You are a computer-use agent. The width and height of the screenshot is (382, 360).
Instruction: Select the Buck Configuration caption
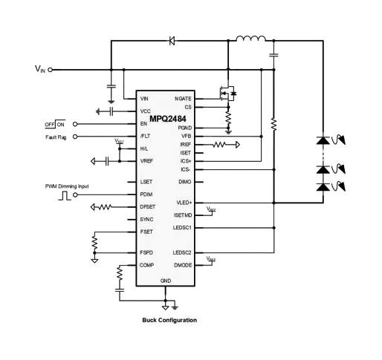click(x=169, y=320)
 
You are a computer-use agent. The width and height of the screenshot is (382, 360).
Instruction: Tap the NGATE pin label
click(x=183, y=99)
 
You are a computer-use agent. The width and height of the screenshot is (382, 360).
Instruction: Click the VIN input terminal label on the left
click(x=39, y=69)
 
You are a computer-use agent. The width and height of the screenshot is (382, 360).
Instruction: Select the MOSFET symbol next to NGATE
click(x=228, y=94)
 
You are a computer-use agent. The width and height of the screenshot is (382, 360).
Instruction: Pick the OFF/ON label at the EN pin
click(x=54, y=123)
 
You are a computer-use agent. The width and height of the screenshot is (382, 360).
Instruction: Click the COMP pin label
click(x=146, y=264)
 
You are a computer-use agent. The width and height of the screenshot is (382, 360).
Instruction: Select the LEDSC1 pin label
click(x=182, y=228)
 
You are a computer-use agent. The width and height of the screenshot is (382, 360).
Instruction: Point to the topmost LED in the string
click(x=323, y=140)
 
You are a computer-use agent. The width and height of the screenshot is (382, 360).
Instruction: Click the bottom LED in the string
click(x=323, y=188)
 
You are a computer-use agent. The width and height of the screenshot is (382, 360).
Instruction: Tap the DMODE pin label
click(x=183, y=264)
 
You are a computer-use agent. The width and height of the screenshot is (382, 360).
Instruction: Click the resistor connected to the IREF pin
click(x=224, y=145)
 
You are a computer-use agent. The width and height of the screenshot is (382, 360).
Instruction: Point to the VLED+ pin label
click(x=184, y=202)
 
